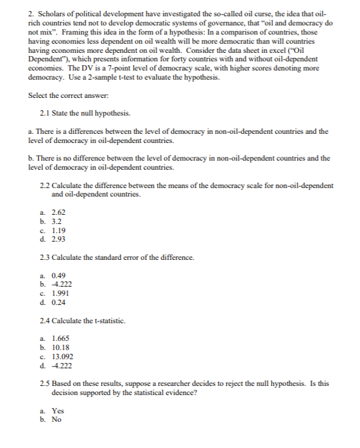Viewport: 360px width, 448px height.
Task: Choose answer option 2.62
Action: click(58, 213)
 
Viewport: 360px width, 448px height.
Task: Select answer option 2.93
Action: click(58, 238)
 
